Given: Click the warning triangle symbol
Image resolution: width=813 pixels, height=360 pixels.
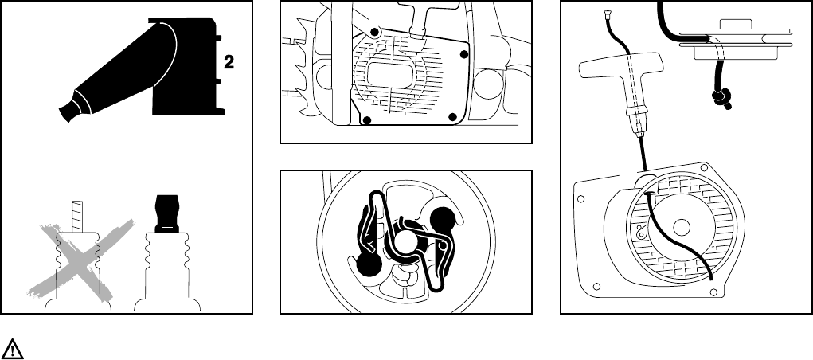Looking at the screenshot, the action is click(x=13, y=347).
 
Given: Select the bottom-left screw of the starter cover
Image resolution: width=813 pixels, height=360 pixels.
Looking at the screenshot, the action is click(x=367, y=121).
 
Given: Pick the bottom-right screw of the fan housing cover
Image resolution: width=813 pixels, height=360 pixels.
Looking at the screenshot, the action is click(x=452, y=118).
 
